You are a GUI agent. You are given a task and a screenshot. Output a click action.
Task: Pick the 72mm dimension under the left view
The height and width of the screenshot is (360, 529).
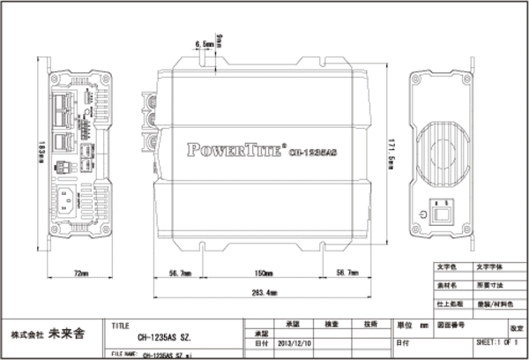tap(80, 274)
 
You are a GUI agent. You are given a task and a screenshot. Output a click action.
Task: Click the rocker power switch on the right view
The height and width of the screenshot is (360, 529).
tap(444, 213)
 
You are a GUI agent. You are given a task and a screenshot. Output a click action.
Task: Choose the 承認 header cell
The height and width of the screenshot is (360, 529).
tap(294, 324)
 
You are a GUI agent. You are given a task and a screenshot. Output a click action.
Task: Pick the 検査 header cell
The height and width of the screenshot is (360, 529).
tap(332, 324)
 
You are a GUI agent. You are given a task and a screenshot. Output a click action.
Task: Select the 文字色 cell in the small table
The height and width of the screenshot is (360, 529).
tap(445, 266)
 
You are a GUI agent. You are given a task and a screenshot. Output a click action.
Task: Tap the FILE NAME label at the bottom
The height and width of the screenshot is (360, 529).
tap(123, 354)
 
